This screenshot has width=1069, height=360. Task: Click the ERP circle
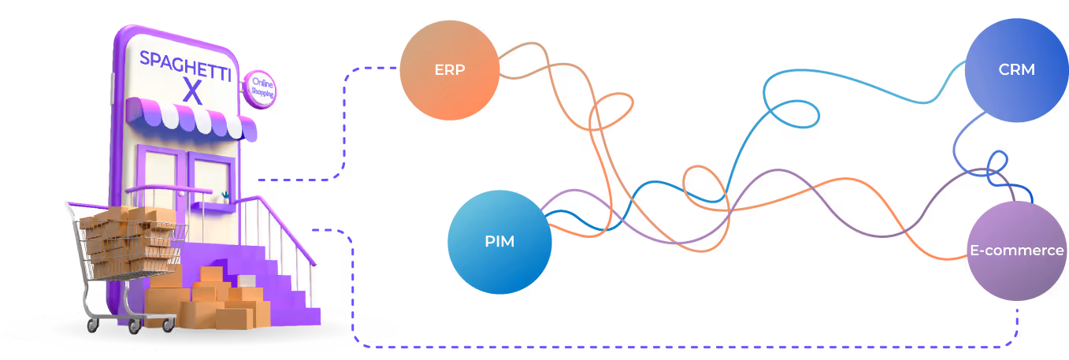point(449,69)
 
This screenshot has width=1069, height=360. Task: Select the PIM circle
point(499,242)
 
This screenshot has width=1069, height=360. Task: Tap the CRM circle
point(1015,70)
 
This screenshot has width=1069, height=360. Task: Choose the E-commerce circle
point(1015,251)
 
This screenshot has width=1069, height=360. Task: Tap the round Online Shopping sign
point(259,87)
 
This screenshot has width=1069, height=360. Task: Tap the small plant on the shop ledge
point(226,195)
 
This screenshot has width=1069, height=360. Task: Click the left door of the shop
point(161,177)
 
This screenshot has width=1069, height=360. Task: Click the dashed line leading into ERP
point(345,118)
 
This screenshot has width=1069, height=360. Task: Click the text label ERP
point(449,69)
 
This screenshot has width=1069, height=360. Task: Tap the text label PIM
point(499,242)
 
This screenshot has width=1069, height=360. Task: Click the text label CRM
point(1015,70)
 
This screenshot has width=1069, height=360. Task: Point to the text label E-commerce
point(1015,251)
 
